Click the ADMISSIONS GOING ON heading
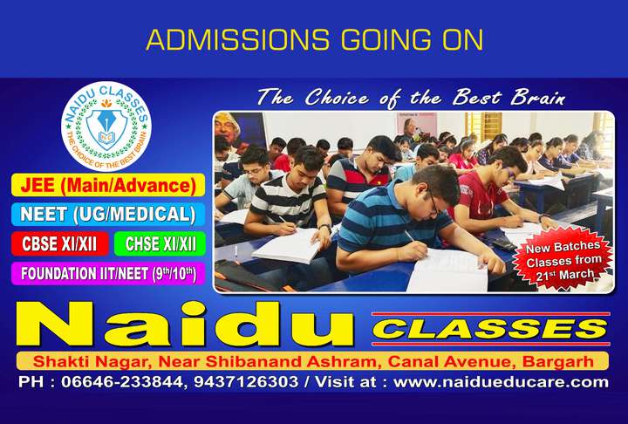coord(313,39)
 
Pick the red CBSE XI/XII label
coord(60,243)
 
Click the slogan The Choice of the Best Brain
coord(411,98)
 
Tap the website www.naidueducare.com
coord(502,383)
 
